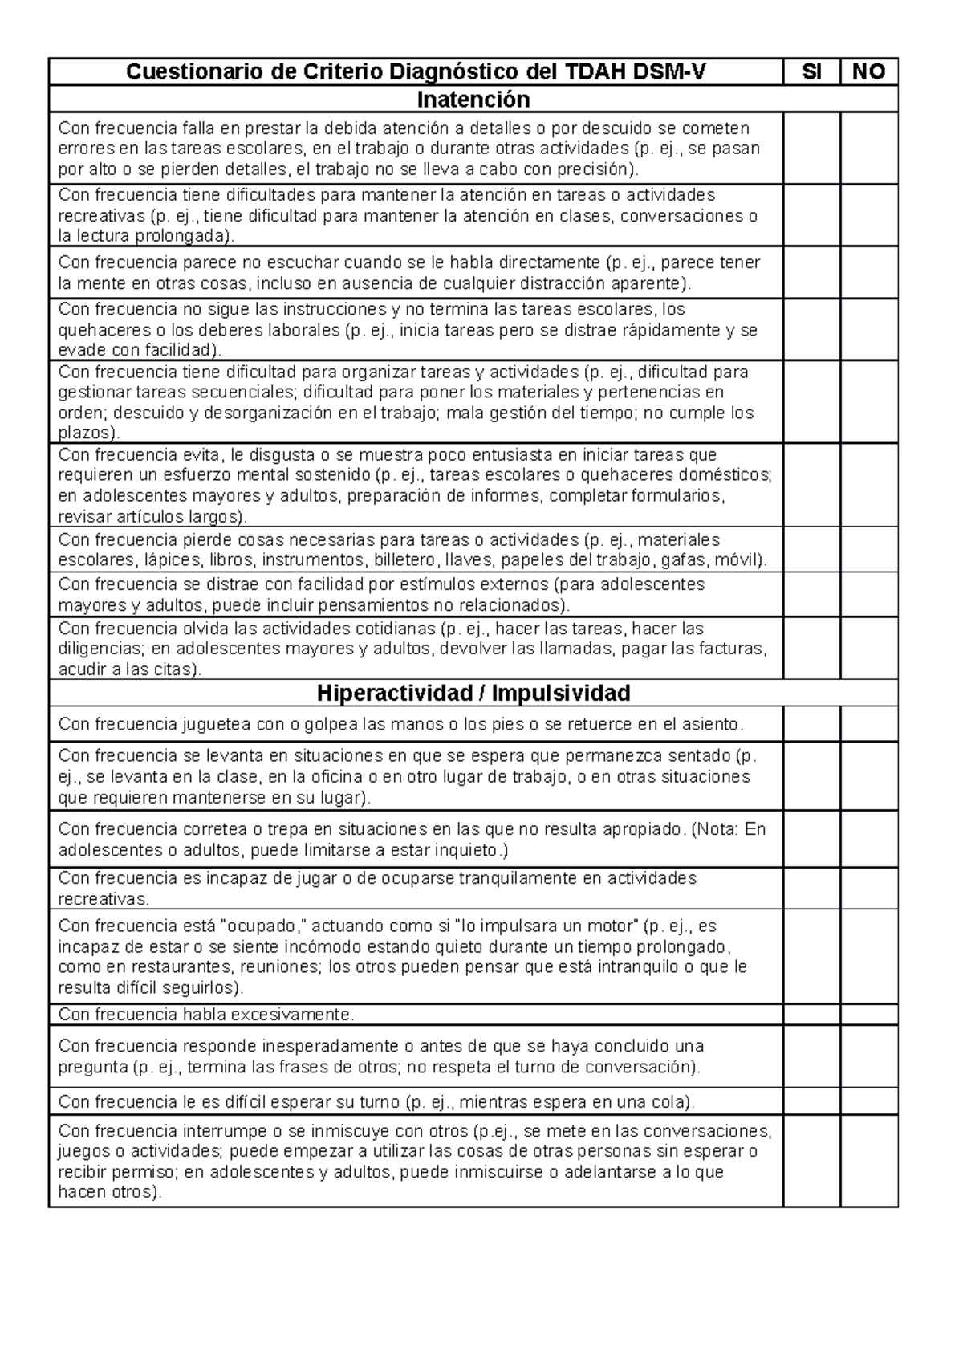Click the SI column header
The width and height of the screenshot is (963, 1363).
811,72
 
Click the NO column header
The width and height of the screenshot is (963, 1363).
868,72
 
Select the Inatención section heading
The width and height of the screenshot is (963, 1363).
473,100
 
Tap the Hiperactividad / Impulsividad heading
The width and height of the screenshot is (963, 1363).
473,693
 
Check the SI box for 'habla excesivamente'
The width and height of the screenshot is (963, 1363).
811,1015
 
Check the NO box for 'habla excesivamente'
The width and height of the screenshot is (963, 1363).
868,1015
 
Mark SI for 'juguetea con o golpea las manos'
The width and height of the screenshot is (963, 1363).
811,724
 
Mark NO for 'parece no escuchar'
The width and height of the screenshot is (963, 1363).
868,273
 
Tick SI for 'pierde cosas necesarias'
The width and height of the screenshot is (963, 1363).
811,550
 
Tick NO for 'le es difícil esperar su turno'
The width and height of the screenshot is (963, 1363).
868,1101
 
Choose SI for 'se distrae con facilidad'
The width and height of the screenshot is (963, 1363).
811,595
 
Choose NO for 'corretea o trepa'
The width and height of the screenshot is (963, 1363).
868,839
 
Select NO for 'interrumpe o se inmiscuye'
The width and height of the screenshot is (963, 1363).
868,1161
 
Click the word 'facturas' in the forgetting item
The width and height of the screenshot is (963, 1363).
730,649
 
